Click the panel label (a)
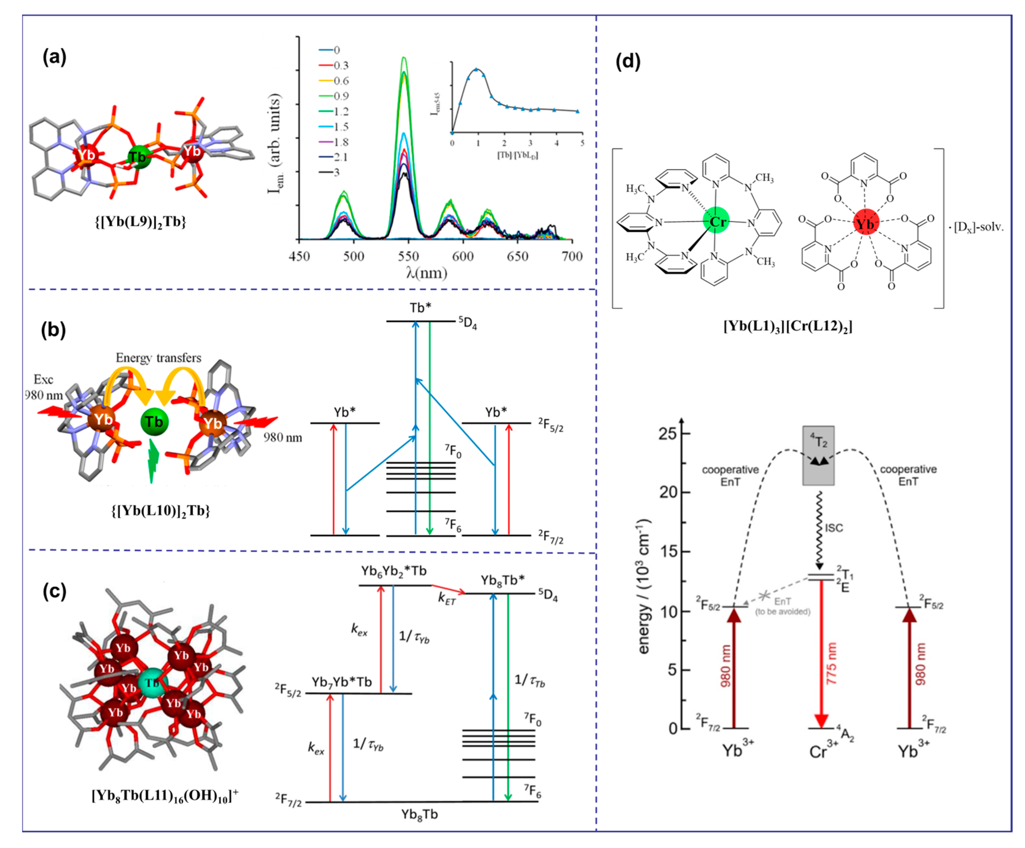tap(54, 57)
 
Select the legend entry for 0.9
tap(341, 96)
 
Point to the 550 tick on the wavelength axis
tap(408, 256)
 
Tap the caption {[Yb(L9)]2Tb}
tap(140, 222)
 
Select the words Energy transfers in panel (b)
tap(158, 358)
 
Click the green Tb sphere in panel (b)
tap(154, 421)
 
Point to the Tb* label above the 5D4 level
tap(420, 308)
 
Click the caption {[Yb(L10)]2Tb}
tap(161, 511)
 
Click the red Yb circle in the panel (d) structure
tap(866, 223)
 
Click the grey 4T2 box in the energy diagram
tap(819, 455)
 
